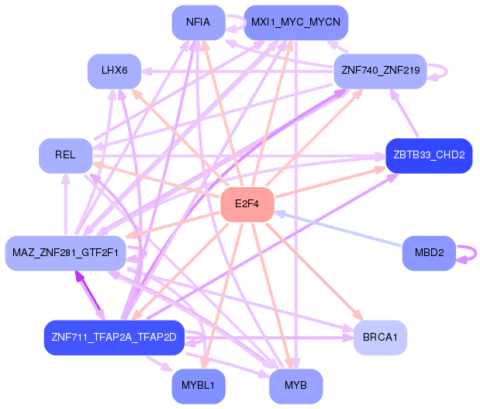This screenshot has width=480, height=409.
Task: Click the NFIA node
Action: coord(199,23)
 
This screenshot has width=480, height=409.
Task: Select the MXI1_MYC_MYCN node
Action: coord(295,23)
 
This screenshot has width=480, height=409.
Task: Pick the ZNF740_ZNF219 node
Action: coord(380,71)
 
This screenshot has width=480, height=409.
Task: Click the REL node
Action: coord(65,155)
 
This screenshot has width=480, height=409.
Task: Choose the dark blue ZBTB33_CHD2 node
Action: coord(429,155)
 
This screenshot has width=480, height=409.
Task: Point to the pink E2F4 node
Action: coord(247,204)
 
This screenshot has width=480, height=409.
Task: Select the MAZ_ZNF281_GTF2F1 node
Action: coord(65,253)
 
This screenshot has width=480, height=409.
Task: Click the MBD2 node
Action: coord(429,253)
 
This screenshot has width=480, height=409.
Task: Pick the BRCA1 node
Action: coord(380,338)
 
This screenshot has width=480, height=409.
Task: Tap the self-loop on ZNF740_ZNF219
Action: coord(444,71)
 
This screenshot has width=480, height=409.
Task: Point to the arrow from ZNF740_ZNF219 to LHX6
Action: coord(233,71)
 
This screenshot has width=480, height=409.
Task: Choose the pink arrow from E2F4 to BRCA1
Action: coord(310,268)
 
